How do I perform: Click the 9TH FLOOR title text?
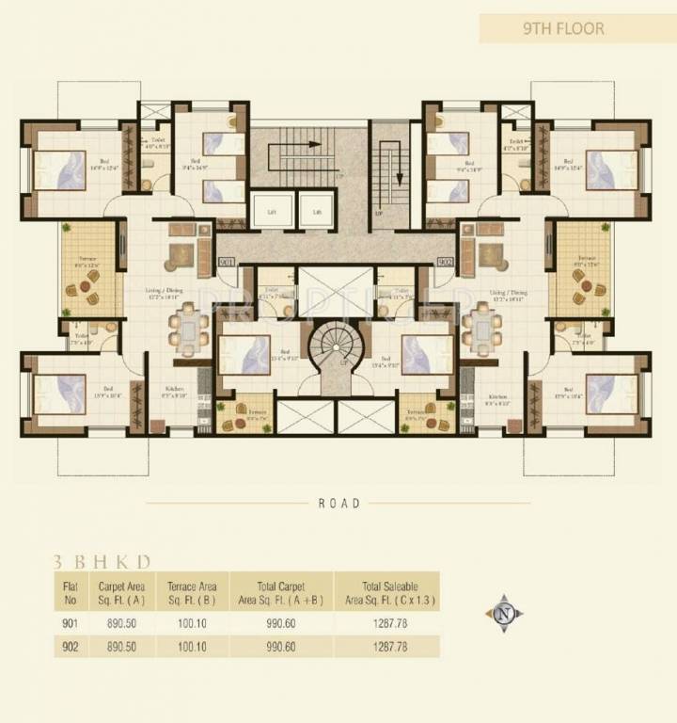563,28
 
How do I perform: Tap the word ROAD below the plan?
339,504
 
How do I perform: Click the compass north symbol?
505,613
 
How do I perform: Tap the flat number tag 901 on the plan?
226,261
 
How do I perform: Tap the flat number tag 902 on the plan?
446,261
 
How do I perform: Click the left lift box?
270,211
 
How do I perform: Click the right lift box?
318,211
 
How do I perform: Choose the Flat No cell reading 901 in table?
71,622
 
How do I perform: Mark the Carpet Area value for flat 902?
119,646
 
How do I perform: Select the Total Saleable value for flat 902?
388,646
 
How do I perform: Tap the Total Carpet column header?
281,591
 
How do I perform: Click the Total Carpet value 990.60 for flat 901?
281,622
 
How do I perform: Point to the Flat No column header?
71,591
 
